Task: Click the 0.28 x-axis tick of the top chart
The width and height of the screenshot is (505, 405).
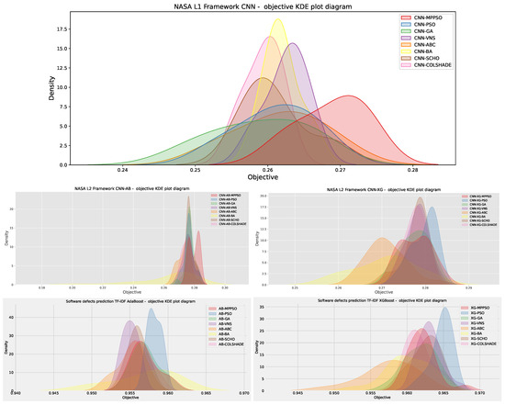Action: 413,172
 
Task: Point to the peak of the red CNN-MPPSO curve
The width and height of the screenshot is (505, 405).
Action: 347,96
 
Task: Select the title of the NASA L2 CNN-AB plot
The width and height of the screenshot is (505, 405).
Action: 127,188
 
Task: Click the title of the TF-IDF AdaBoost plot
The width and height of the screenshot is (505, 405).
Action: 127,299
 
